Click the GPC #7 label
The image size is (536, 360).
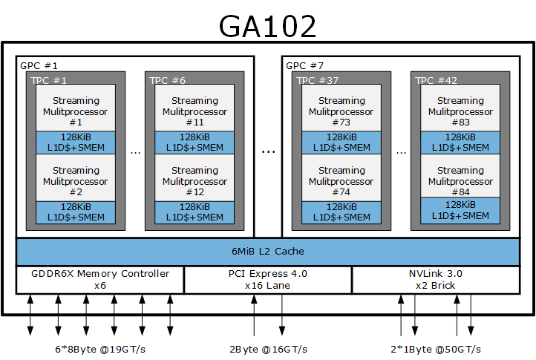tap(304, 65)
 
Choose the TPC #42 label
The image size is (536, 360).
tap(435, 80)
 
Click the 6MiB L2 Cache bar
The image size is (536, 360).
tap(268, 252)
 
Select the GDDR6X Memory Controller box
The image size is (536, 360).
tap(100, 279)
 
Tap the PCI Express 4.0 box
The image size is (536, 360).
tap(268, 279)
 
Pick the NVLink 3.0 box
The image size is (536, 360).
tap(435, 279)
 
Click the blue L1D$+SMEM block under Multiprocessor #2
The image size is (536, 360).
tap(76, 212)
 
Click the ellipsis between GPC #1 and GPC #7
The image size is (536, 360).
tap(268, 151)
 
